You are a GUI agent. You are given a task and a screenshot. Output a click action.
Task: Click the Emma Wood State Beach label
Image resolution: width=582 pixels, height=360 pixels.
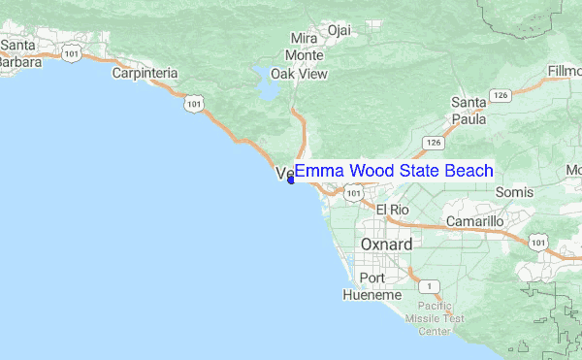[394, 172]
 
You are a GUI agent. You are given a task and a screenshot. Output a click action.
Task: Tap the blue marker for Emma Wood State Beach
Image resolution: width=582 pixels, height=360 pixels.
[291, 179]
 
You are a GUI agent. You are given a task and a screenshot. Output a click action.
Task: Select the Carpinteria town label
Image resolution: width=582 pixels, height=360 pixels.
[145, 73]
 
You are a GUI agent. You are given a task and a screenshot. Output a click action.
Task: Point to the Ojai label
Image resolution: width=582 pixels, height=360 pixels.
[339, 30]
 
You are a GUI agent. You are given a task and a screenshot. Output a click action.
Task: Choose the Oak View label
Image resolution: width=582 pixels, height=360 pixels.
[299, 74]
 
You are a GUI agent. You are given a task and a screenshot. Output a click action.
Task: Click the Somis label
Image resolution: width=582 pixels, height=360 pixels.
[514, 193]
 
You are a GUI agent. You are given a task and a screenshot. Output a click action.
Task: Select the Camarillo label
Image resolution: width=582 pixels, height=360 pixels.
[474, 221]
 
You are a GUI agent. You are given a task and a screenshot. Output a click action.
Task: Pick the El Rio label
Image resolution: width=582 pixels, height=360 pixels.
[394, 210]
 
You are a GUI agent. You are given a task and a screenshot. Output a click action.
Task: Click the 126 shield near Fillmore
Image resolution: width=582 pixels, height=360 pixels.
[500, 95]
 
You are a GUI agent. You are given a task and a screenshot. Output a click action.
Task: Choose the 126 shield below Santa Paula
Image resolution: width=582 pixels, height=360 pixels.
[434, 143]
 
